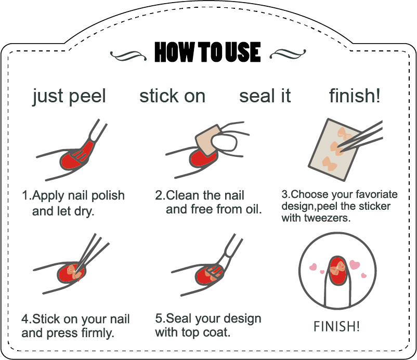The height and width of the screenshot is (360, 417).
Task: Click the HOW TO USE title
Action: [x=207, y=52]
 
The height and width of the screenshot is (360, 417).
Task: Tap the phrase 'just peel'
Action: [x=69, y=96]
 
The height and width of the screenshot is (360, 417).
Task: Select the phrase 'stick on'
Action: [x=172, y=96]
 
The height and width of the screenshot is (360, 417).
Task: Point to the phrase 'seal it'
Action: [x=265, y=96]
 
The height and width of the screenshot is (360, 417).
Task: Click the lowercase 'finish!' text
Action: [x=355, y=96]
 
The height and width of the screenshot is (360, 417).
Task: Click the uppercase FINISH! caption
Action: [x=337, y=326]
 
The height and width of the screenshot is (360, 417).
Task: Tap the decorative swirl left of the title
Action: [x=128, y=56]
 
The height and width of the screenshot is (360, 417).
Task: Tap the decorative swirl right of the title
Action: [x=288, y=54]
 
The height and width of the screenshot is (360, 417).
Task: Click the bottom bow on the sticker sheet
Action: [x=330, y=163]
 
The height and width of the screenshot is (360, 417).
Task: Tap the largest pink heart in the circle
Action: [x=355, y=264]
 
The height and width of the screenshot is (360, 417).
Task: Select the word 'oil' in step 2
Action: [x=252, y=209]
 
